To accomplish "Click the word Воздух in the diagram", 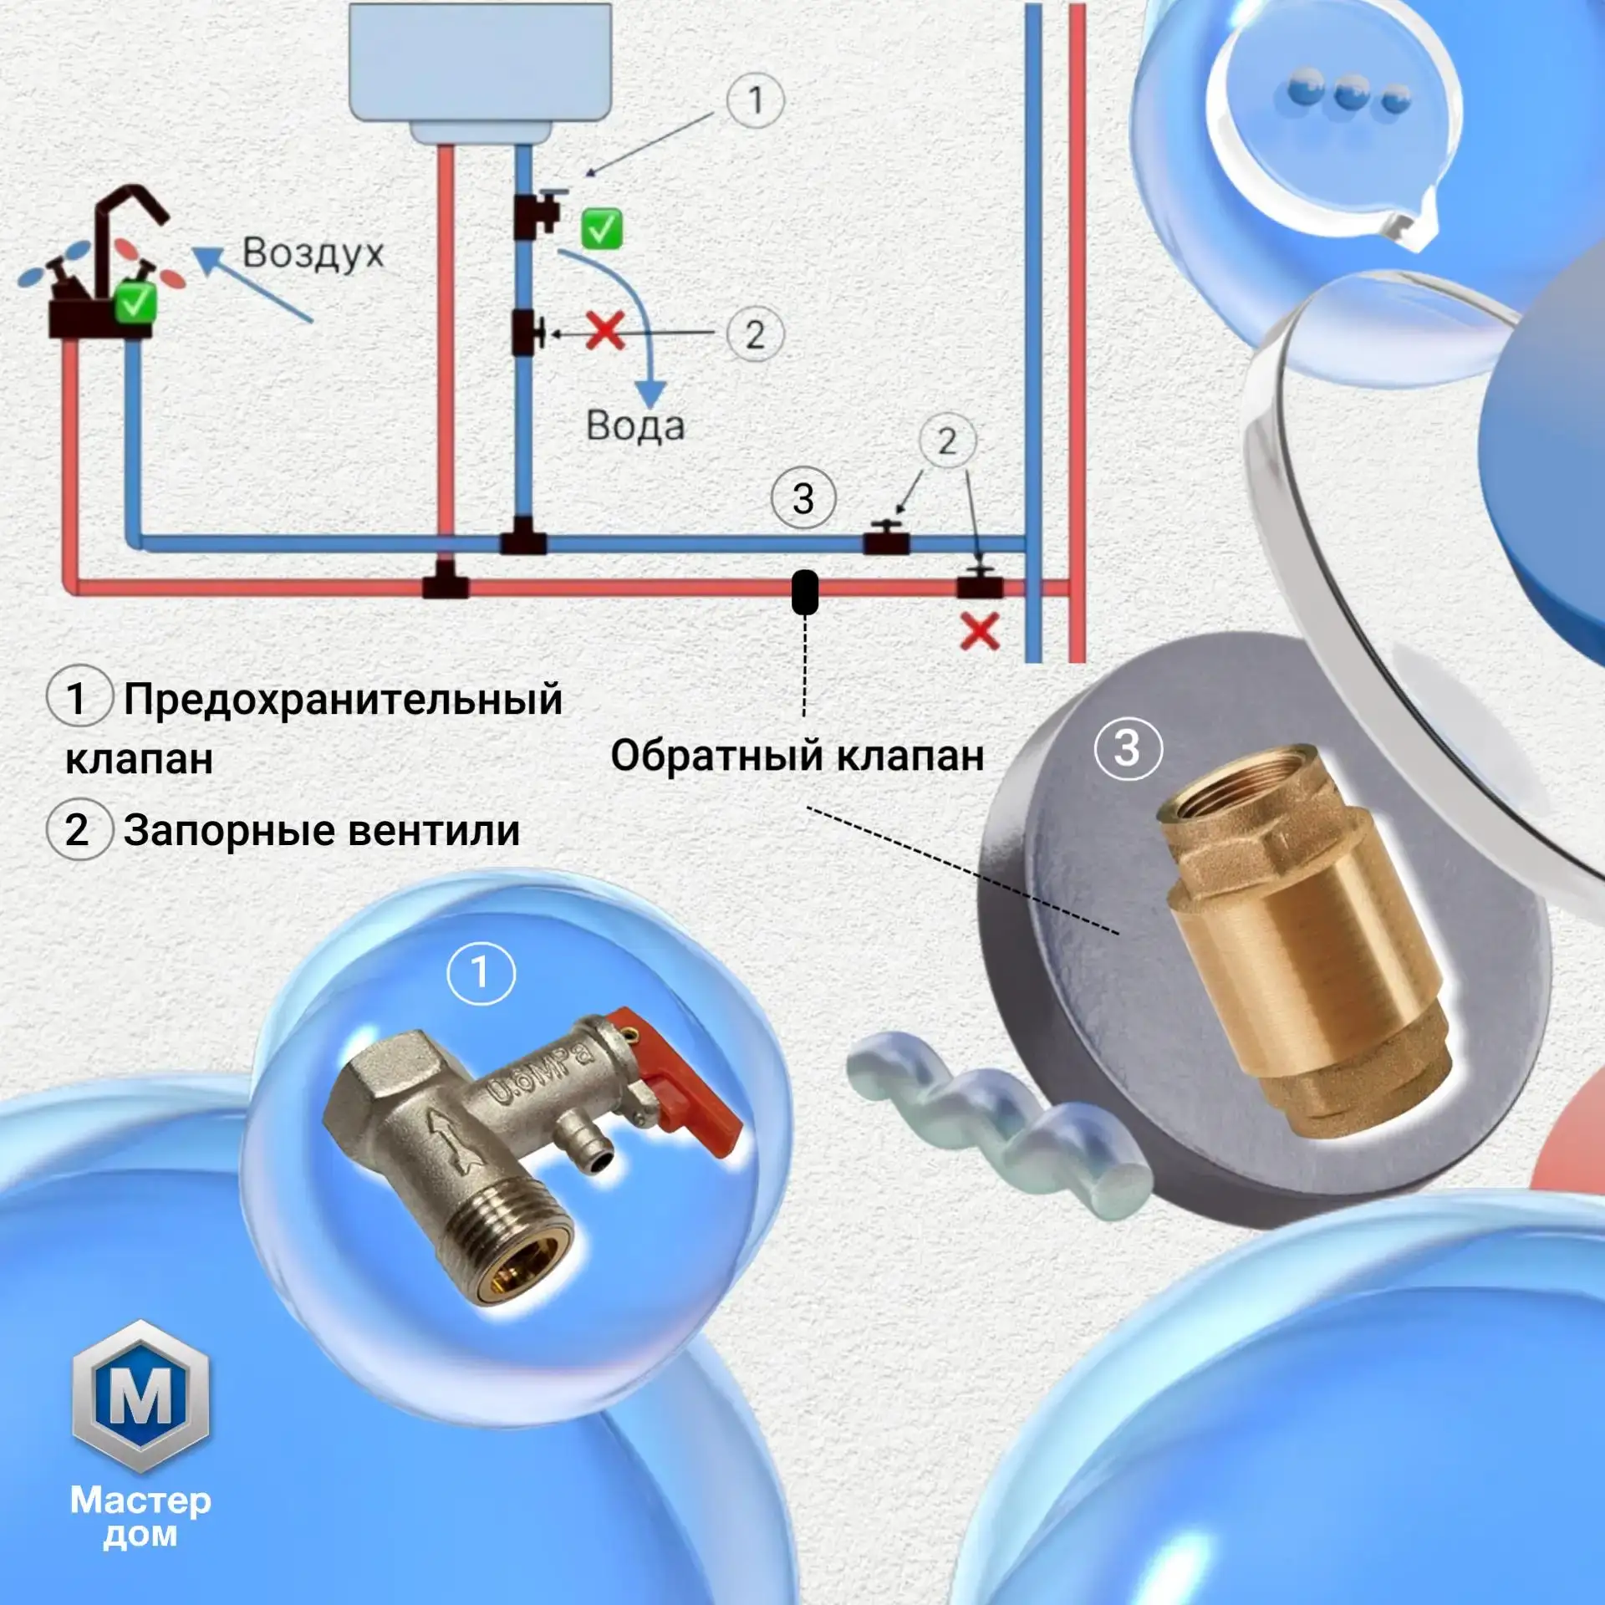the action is tap(313, 254).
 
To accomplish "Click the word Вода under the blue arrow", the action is tap(635, 425).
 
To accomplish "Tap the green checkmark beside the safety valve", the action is tap(602, 228).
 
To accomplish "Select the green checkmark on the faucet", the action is tap(135, 302).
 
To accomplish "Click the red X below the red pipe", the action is tap(980, 632).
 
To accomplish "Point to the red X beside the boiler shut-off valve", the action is tap(605, 331).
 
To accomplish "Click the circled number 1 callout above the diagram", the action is tap(756, 100).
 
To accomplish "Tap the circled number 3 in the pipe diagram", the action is tap(803, 499).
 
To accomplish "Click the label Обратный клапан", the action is tap(797, 756).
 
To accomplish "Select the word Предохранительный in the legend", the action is tap(343, 700).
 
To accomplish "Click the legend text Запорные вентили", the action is tap(322, 831).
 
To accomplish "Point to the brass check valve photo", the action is tap(1304, 940).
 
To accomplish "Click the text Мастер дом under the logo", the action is tap(140, 1518).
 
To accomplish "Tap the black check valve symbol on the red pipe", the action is tap(804, 592).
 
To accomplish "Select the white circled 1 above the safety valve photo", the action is tap(481, 972).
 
